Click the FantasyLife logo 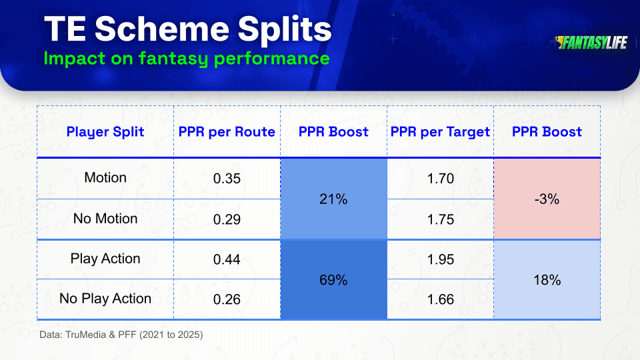[x=591, y=43]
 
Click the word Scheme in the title [x=162, y=29]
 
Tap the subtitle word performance [x=271, y=59]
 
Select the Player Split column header [x=105, y=132]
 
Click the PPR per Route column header [x=227, y=132]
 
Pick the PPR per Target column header [x=441, y=132]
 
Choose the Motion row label [x=105, y=177]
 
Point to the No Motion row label [x=105, y=219]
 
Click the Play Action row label [x=105, y=259]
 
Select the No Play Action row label [x=105, y=299]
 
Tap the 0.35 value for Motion [x=227, y=179]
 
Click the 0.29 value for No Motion [x=227, y=219]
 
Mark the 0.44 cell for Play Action [x=227, y=259]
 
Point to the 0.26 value [x=227, y=299]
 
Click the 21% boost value [x=333, y=199]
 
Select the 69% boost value [x=333, y=279]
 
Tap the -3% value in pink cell [x=547, y=199]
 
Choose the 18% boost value [x=547, y=279]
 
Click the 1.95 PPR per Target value [x=441, y=259]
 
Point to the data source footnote [x=121, y=335]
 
